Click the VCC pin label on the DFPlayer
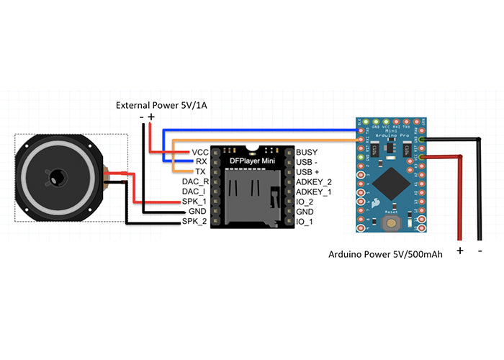pos(199,153)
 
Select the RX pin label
pos(202,162)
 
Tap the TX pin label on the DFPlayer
pos(201,172)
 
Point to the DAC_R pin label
pos(195,182)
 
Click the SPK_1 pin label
pos(196,202)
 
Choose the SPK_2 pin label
pos(196,222)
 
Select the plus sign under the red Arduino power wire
pos(460,250)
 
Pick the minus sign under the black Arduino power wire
pos(480,250)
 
